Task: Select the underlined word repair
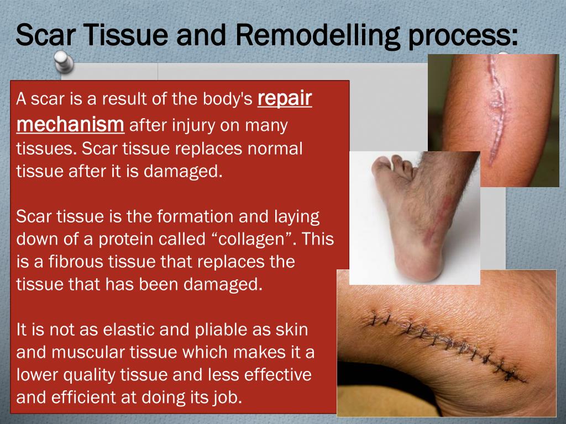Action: pyautogui.click(x=285, y=99)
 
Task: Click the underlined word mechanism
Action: pyautogui.click(x=70, y=124)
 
